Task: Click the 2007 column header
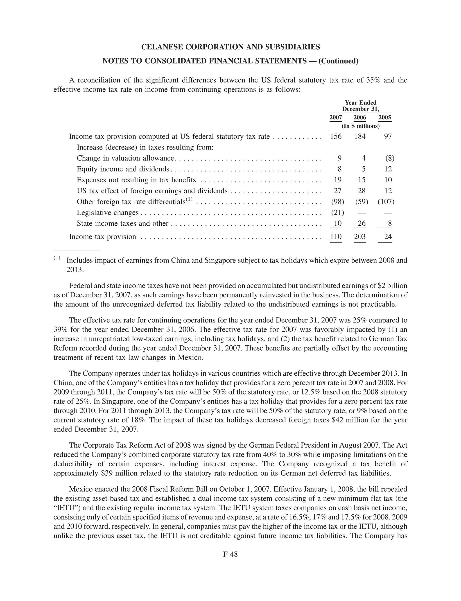pos(336,118)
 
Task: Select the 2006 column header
pos(360,118)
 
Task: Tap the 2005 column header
pos(384,118)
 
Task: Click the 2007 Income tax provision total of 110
pos(336,237)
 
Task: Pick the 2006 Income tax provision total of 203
pos(360,237)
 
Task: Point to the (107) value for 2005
pos(386,202)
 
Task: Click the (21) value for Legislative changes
pos(337,213)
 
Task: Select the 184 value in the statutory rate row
pos(360,136)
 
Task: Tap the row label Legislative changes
pos(108,213)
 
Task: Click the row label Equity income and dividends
pos(123,169)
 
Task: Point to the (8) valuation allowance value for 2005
pos(390,158)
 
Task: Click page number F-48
pos(230,554)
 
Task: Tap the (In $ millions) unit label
pos(360,126)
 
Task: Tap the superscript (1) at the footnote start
pos(57,258)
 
